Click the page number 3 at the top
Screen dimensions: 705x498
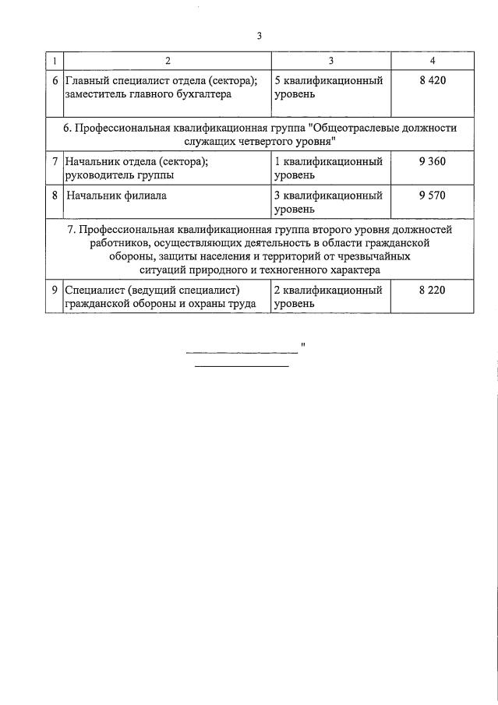260,35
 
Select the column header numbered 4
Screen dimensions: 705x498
432,61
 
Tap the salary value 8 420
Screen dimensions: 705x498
432,81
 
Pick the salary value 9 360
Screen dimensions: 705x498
432,161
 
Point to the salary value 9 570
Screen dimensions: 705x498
432,196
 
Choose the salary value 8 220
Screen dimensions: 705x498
432,290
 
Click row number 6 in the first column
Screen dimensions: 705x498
55,81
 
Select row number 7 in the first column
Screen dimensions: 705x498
55,161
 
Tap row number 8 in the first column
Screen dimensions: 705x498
55,196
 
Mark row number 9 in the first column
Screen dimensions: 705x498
55,290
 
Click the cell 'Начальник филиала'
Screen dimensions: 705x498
116,196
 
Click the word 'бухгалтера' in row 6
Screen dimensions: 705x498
207,95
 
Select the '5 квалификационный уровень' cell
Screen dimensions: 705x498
328,88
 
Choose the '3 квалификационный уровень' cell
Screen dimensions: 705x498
328,202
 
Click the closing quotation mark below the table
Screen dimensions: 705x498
302,344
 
